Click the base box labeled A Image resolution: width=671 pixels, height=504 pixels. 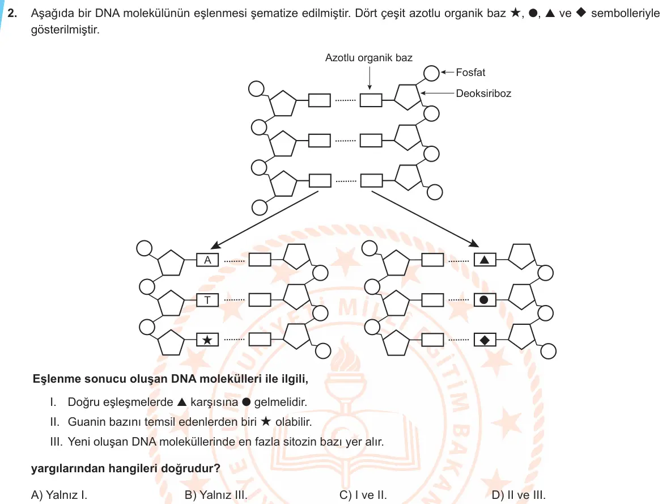(x=207, y=260)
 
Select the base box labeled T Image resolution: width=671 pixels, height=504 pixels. (x=207, y=300)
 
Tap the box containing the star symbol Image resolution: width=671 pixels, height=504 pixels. (x=207, y=340)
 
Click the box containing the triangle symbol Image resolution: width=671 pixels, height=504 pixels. (x=485, y=260)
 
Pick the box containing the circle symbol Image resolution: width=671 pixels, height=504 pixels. (x=485, y=300)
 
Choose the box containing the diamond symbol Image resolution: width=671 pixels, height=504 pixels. (x=485, y=340)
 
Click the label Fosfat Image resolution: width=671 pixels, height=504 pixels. (x=470, y=73)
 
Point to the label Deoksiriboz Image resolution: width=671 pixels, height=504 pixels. (x=483, y=94)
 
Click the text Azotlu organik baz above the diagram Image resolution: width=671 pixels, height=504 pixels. (x=369, y=58)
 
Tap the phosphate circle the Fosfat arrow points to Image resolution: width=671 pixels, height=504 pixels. (x=431, y=73)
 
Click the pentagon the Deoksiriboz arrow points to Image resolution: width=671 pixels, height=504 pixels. (x=407, y=97)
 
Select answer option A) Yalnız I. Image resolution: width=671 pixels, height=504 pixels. (x=59, y=495)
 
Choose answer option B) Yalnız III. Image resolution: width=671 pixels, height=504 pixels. (x=216, y=495)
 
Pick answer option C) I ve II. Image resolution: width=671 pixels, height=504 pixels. (x=363, y=495)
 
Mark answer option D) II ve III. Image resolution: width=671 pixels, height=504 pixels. (x=519, y=495)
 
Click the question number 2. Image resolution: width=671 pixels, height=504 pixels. (x=12, y=13)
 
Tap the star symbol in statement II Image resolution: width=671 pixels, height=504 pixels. (x=266, y=421)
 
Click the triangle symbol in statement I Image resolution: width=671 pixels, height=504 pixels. (x=182, y=402)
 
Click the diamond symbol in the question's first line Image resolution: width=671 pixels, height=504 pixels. (x=581, y=12)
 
